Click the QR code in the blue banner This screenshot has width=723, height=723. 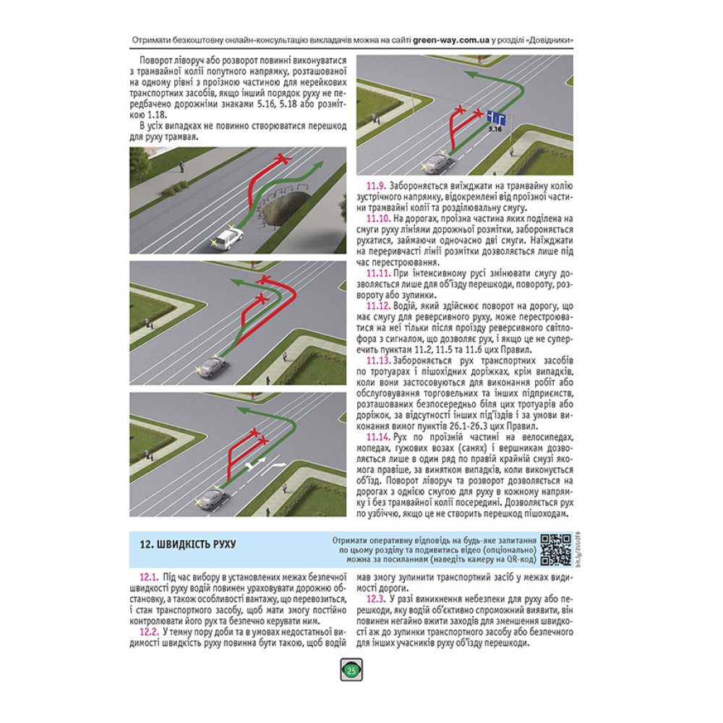pyautogui.click(x=555, y=549)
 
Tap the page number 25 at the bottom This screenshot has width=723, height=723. pyautogui.click(x=352, y=671)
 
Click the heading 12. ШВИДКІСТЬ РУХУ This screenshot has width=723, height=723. pyautogui.click(x=188, y=544)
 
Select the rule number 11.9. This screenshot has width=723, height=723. pyautogui.click(x=376, y=187)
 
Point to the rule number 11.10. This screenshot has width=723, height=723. pyautogui.click(x=379, y=219)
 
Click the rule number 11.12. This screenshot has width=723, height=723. pyautogui.click(x=379, y=306)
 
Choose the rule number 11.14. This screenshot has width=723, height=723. pyautogui.click(x=379, y=437)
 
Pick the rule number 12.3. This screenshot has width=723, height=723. pyautogui.click(x=376, y=599)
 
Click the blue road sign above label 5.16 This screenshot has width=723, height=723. pyautogui.click(x=497, y=118)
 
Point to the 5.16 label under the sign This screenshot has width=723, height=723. pyautogui.click(x=495, y=129)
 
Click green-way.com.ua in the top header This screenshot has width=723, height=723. pyautogui.click(x=451, y=40)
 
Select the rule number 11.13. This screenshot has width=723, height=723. pyautogui.click(x=379, y=361)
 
